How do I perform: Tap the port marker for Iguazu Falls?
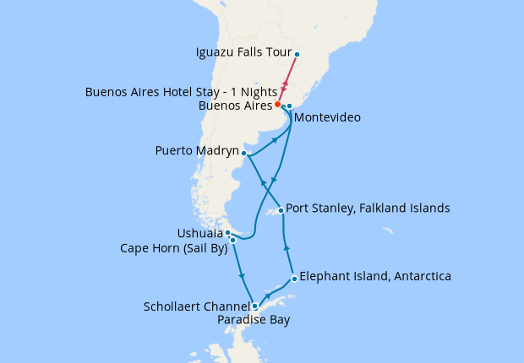(x=297, y=57)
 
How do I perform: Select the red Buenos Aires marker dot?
(x=278, y=105)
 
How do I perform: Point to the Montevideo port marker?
(x=289, y=106)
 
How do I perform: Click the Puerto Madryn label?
(x=196, y=152)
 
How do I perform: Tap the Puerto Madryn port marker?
(x=244, y=153)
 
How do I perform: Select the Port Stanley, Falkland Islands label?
(x=368, y=208)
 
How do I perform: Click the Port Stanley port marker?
(x=281, y=209)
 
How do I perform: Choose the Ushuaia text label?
(x=199, y=232)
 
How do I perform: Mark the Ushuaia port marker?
(x=228, y=232)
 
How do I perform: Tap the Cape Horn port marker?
(x=232, y=241)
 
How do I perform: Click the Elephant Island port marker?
(x=293, y=278)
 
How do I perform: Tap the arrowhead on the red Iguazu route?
(x=286, y=84)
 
